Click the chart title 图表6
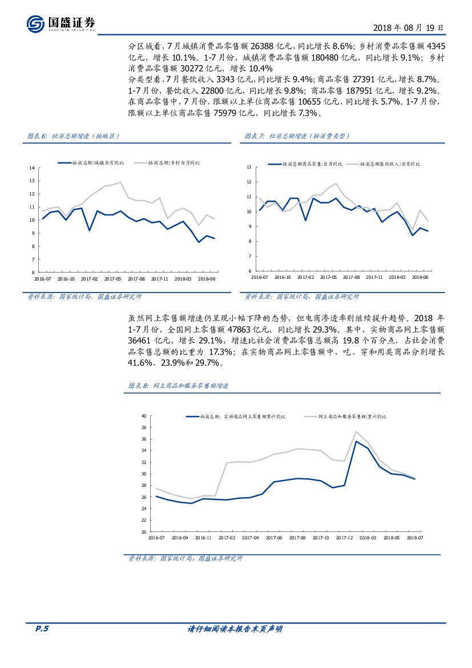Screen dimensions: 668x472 coord(74,136)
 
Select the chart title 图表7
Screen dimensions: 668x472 coord(297,136)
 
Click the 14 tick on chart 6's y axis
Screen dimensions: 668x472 coord(32,167)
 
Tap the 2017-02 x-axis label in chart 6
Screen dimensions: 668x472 coord(90,279)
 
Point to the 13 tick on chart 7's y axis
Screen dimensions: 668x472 coord(249,167)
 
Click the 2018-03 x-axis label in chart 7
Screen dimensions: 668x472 coord(397,277)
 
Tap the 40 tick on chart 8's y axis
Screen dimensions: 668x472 coord(144,416)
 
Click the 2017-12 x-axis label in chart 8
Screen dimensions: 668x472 coord(344,538)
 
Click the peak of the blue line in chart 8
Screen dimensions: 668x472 coord(356,441)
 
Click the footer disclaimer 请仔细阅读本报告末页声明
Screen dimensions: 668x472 coord(235,629)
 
